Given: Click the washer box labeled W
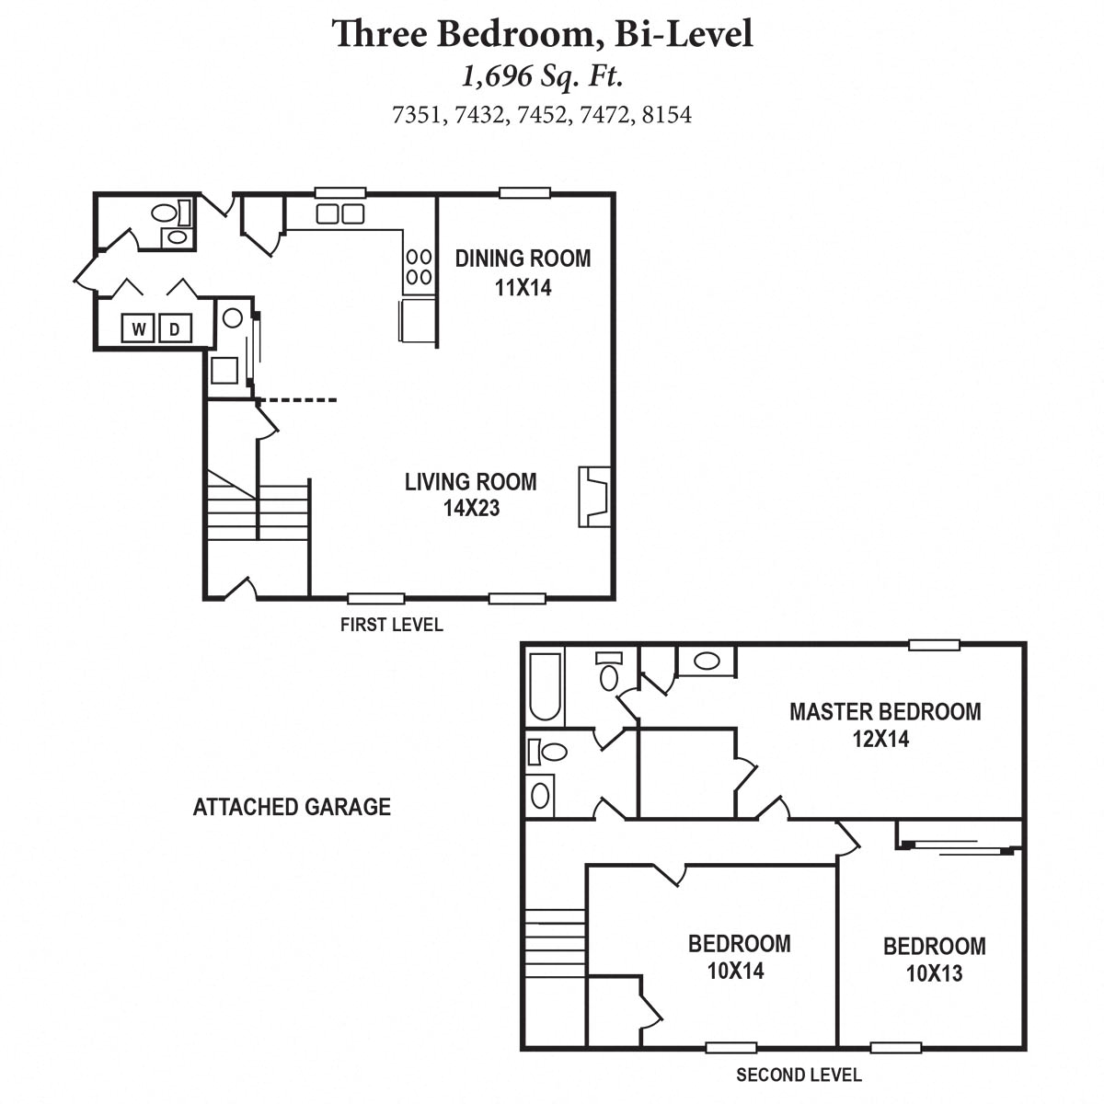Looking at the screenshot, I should point(139,328).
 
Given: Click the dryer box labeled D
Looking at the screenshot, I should point(175,328).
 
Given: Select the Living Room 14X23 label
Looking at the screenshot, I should point(470,494).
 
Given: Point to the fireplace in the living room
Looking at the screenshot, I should point(593,497).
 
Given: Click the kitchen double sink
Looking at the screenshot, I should point(339,214).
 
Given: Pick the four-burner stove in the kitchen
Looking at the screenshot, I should point(419,266).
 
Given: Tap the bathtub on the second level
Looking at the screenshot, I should point(545,686).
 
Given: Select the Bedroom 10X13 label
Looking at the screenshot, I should point(934,959).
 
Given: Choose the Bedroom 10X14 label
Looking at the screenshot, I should point(739,956).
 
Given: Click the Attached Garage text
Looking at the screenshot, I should point(292,807).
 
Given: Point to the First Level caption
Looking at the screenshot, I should point(391,625).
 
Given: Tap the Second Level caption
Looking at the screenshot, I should point(799,1075).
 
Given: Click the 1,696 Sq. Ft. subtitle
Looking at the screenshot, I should point(543,75).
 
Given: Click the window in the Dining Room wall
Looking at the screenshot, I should point(524,193).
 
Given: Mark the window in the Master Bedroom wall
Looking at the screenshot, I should point(934,645).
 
